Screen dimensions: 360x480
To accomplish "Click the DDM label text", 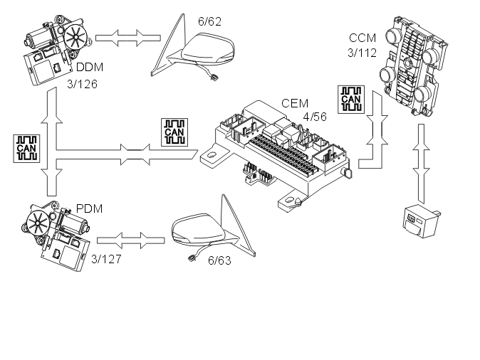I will (90, 68).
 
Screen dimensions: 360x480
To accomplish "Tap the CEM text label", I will (294, 104).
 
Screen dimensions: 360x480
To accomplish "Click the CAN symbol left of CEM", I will (174, 131).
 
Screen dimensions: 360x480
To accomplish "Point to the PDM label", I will (89, 208).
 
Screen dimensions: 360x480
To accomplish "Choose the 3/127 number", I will (107, 258).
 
